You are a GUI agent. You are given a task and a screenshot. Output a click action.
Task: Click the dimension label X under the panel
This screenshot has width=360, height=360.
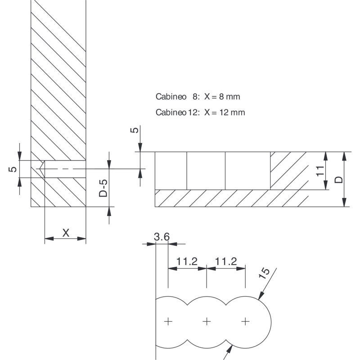click(66, 233)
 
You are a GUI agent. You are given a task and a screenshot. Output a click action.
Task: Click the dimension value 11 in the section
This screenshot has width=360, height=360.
click(320, 171)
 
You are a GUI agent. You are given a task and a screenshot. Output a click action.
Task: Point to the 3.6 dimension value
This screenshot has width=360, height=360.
click(161, 237)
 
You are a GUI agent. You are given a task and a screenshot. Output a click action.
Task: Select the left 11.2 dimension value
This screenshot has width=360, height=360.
click(187, 261)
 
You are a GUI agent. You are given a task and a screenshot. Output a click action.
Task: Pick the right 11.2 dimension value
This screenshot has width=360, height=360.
click(225, 261)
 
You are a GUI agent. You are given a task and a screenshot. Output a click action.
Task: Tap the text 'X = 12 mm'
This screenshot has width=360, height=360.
click(225, 112)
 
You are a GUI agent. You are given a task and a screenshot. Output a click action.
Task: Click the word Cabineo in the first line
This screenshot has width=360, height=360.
click(169, 97)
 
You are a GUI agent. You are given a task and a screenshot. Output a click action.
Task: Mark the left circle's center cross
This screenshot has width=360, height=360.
click(168, 321)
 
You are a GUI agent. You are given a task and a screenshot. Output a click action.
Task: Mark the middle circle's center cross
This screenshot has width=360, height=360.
click(207, 321)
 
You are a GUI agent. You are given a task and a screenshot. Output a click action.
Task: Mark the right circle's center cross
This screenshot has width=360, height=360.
click(245, 321)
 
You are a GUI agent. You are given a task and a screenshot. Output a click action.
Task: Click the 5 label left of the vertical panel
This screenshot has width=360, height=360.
click(13, 169)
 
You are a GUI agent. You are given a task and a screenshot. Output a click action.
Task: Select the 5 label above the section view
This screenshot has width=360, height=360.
click(134, 130)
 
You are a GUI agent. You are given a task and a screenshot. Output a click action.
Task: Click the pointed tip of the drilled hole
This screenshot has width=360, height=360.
click(40, 169)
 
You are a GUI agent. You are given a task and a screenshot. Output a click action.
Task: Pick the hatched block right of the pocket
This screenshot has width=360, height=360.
click(288, 170)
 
